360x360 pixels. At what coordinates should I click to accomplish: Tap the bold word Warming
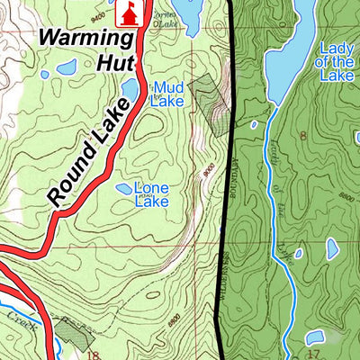(84, 40)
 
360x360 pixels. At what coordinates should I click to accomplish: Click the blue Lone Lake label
(151, 195)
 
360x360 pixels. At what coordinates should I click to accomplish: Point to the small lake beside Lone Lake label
(123, 189)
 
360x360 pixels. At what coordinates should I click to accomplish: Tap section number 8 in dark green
(303, 135)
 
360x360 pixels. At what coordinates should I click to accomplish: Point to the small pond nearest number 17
(314, 337)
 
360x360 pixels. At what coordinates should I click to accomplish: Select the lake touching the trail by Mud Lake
(130, 89)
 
